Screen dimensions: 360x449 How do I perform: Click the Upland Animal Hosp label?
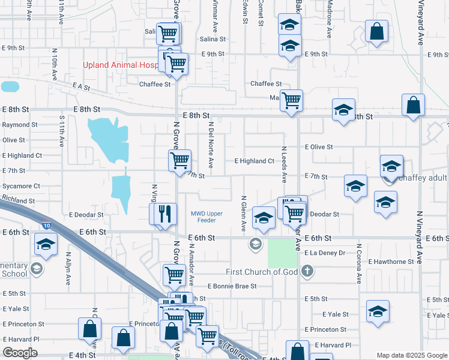tap(121, 65)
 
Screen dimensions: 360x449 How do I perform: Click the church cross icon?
tap(307, 271)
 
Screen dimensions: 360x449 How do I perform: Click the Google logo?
tap(20, 353)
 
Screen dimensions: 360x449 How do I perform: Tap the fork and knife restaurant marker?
tap(166, 214)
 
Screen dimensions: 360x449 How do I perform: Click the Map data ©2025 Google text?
tap(412, 355)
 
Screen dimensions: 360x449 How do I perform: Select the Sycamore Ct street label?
tap(21, 186)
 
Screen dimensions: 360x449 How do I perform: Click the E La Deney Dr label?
tap(324, 253)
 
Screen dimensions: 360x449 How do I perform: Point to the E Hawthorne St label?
tap(391, 262)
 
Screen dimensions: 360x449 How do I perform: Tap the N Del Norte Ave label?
tap(211, 145)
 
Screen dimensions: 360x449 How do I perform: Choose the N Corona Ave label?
tap(358, 263)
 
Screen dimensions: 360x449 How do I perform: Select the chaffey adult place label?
tap(423, 178)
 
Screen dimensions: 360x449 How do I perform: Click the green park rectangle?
tap(282, 253)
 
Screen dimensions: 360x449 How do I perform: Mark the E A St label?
tap(81, 87)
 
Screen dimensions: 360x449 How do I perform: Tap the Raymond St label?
tap(20, 125)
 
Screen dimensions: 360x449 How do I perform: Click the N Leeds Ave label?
tap(284, 164)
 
